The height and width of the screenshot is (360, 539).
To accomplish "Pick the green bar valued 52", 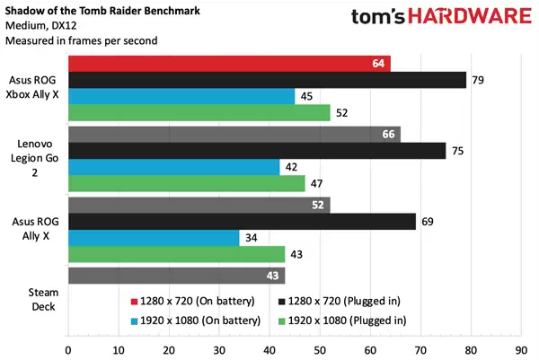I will click(199, 113).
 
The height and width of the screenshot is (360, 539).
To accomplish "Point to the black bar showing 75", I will click(257, 150).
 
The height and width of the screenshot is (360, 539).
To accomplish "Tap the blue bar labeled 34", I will click(154, 237).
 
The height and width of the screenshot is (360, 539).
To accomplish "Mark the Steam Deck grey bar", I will click(176, 276).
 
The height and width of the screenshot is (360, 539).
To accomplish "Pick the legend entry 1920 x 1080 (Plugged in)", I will click(346, 320).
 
